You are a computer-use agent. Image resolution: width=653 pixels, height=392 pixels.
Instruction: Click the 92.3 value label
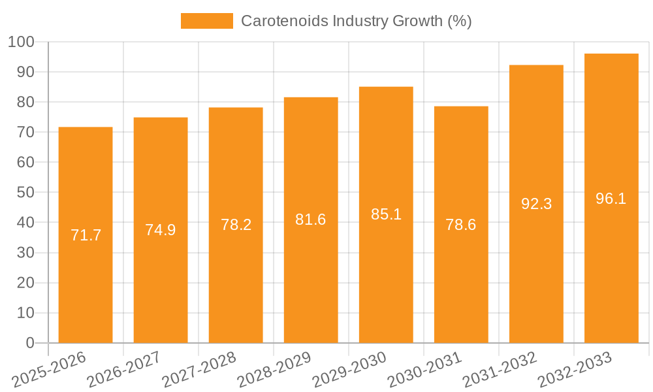click(x=537, y=204)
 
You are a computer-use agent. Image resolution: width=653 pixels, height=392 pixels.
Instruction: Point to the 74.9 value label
click(x=161, y=230)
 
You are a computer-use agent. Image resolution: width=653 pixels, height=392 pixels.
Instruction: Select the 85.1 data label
click(x=386, y=214)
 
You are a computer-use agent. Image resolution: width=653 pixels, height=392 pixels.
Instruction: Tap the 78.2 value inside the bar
click(x=236, y=225)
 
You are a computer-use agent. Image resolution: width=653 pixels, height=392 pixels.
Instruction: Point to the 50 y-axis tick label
click(x=25, y=193)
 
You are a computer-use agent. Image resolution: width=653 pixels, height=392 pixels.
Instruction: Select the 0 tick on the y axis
click(x=29, y=343)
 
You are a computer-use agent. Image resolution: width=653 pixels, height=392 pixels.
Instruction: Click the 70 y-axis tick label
click(x=25, y=133)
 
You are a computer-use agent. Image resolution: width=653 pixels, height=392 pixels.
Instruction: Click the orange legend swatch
click(x=206, y=21)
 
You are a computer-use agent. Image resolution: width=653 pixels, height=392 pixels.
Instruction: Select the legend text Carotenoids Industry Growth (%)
click(x=357, y=21)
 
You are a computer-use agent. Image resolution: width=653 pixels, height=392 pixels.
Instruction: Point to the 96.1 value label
click(x=611, y=199)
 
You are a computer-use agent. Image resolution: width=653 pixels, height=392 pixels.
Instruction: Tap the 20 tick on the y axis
click(x=25, y=283)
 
